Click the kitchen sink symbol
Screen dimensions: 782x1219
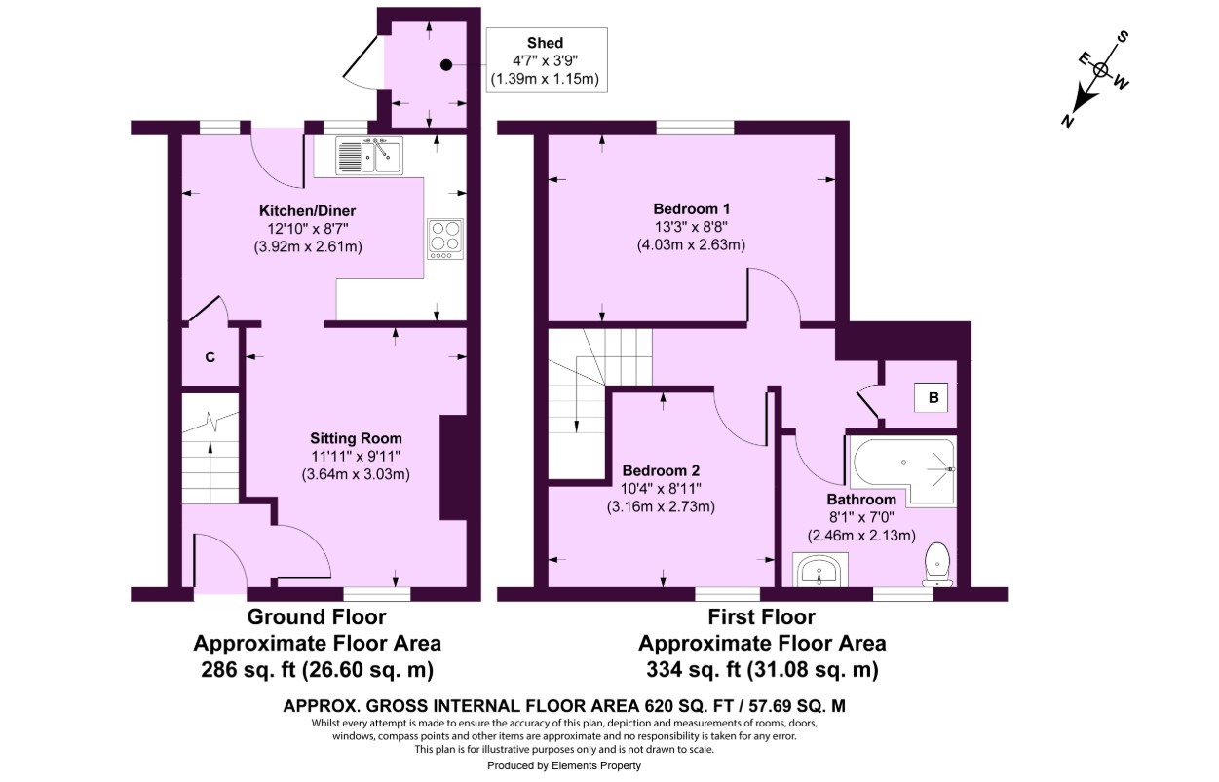(369, 156)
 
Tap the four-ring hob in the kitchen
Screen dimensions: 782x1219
(445, 239)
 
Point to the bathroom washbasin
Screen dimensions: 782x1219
(821, 570)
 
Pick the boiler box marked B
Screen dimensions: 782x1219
(933, 397)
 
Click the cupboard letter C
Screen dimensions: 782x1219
(210, 357)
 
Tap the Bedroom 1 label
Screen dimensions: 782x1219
(691, 208)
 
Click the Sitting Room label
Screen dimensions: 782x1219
(356, 438)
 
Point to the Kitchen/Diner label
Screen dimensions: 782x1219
(307, 211)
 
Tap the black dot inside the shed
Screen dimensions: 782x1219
(446, 65)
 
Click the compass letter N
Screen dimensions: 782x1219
(1069, 120)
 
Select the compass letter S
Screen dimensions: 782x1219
(1123, 37)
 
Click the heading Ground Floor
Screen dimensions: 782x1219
(317, 616)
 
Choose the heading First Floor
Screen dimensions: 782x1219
(761, 616)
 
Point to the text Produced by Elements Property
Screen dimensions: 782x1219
(564, 766)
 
